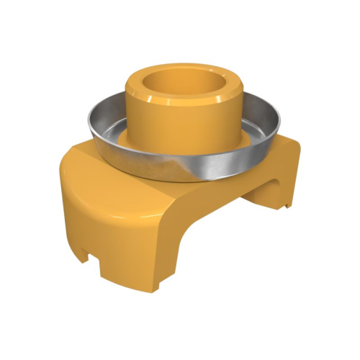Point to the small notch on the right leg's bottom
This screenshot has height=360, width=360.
pyautogui.click(x=287, y=207)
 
